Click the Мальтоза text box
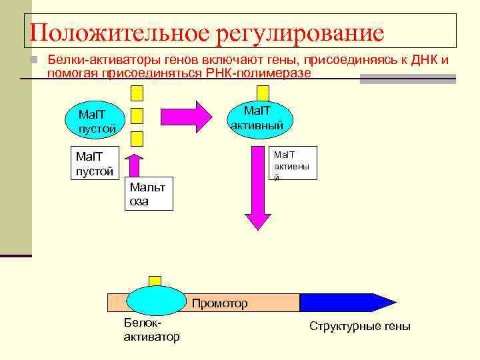pos(149,193)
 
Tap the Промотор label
pos(219,304)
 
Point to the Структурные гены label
pos(360,326)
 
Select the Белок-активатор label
pos(151,330)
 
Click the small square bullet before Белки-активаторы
pos(37,61)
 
